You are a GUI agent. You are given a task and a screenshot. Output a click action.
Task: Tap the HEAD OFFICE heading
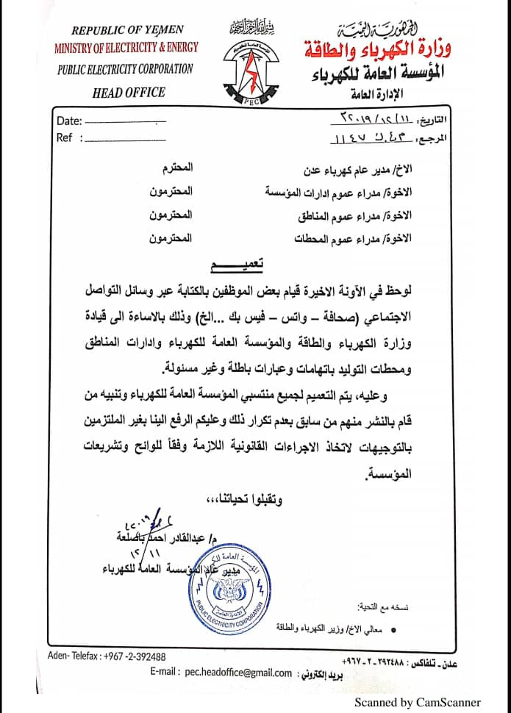(x=129, y=93)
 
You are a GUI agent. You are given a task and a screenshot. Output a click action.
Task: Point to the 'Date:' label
(x=68, y=121)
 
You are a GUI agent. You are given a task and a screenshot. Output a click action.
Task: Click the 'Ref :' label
(x=65, y=137)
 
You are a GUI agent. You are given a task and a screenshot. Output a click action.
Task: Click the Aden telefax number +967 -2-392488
(x=129, y=656)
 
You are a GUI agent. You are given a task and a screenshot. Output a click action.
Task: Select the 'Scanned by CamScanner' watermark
(x=418, y=702)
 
